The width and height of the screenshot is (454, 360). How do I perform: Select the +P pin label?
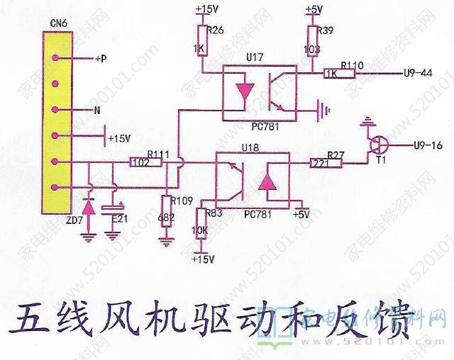[x=100, y=59]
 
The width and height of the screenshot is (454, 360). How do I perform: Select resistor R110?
[x=331, y=73]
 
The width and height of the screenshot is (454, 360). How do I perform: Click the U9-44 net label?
[x=418, y=73]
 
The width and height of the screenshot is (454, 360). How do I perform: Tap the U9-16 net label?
[x=426, y=146]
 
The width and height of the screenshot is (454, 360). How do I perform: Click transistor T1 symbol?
[x=380, y=147]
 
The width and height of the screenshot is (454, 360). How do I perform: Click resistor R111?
[x=141, y=162]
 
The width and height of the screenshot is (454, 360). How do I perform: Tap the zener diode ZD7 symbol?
[x=89, y=207]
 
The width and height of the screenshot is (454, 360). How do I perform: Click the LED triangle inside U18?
[x=267, y=181]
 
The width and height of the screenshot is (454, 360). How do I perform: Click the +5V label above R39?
[x=313, y=9]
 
